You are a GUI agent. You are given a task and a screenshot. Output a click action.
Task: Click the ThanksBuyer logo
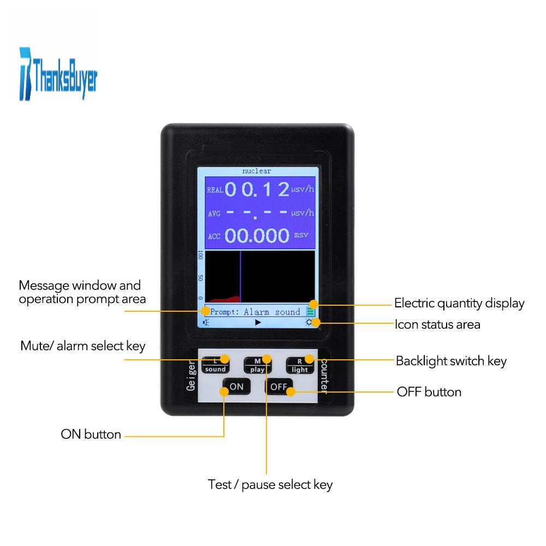coord(58,74)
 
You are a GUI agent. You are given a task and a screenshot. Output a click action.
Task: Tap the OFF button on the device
coord(278,386)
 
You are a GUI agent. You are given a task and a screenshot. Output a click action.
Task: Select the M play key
coord(257,365)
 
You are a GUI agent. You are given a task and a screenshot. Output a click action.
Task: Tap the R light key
coord(300,365)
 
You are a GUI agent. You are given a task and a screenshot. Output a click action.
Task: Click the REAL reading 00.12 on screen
coord(257,189)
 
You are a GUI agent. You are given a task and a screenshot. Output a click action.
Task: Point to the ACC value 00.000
coord(257,235)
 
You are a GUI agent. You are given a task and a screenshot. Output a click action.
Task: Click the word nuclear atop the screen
coord(257,171)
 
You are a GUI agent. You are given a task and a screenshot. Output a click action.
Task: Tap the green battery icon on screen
coord(310,311)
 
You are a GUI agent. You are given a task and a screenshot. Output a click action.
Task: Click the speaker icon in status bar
coord(206,323)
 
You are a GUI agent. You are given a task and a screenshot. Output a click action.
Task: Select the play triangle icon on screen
coord(258,323)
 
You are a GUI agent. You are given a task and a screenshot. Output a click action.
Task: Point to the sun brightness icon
coord(308,322)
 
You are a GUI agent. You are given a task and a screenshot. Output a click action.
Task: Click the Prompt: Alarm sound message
coord(255,312)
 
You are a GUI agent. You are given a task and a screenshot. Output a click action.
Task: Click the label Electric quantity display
coord(459,304)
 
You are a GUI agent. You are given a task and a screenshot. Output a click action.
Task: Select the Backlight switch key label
coord(452,361)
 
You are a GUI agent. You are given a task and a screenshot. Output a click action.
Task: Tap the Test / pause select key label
coord(270,485)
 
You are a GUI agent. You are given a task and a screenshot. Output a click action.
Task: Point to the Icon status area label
coord(437,324)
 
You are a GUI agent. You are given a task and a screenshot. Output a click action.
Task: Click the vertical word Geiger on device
coord(191,376)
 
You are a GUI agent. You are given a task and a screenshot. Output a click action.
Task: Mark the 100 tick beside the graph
coord(200,254)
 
